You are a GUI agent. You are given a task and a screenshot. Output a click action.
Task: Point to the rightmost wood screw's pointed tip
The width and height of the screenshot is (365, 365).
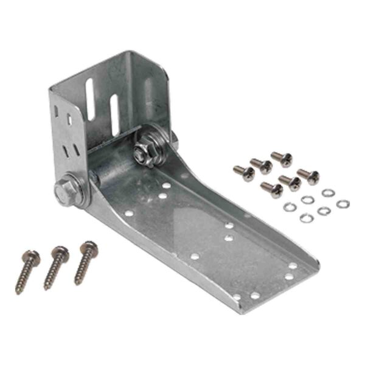pos(77,282)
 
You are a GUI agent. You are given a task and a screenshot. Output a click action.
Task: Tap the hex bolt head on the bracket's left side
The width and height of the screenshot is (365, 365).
pos(64,190)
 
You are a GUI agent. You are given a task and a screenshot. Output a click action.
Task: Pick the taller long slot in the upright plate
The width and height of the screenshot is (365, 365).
pos(90,100)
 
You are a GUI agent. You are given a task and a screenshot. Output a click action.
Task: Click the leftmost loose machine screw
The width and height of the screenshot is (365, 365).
pos(245,173)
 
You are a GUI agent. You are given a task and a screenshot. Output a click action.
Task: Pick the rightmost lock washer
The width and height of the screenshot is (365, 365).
pos(342,204)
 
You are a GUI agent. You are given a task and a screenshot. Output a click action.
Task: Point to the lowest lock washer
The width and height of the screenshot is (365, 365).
pos(306,218)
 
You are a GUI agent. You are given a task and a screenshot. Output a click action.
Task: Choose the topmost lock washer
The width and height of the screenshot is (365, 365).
pos(328,193)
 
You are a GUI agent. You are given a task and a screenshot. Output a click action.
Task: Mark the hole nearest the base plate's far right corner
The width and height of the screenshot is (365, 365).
pos(293,266)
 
